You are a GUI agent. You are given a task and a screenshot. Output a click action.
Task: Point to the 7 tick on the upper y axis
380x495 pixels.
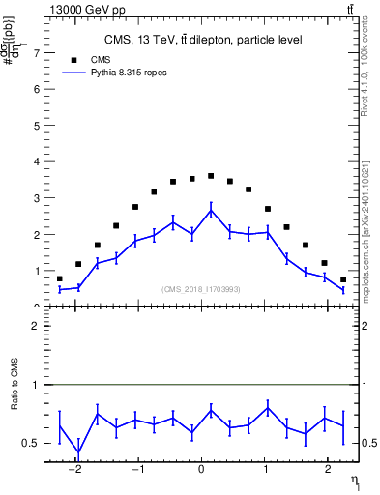click(38, 53)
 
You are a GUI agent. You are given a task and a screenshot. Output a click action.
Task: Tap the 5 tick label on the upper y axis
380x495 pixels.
click(38, 126)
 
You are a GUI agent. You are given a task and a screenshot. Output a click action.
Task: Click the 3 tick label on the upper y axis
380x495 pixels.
click(38, 198)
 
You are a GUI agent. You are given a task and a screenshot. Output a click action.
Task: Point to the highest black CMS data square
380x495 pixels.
click(211, 176)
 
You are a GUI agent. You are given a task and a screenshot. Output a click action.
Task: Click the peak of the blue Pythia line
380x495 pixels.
click(211, 210)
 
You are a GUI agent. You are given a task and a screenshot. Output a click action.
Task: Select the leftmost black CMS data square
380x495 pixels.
click(60, 278)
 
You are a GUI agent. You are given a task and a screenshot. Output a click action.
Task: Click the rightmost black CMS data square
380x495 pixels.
click(343, 279)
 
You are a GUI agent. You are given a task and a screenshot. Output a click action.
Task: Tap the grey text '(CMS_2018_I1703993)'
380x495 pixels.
click(202, 289)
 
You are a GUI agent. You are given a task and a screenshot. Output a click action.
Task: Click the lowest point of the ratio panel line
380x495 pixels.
click(78, 453)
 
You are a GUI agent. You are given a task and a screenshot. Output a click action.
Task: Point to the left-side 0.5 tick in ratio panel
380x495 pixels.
click(38, 443)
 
